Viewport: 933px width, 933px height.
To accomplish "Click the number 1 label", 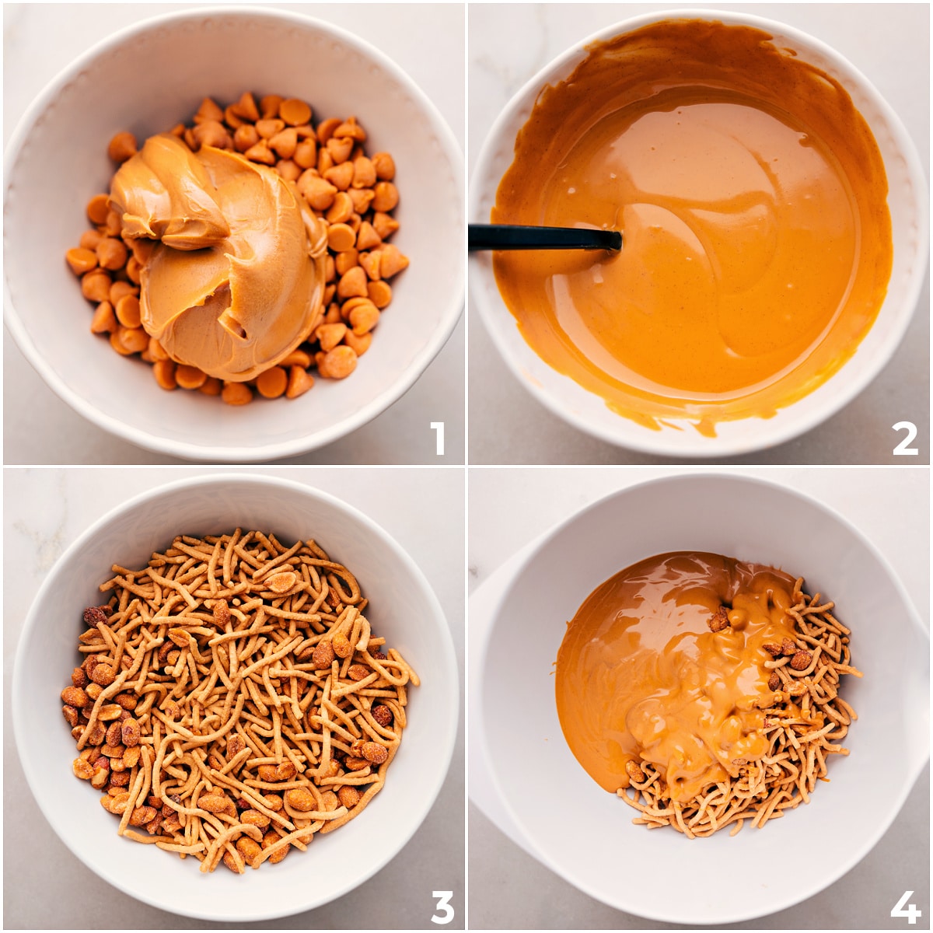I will coord(438,439).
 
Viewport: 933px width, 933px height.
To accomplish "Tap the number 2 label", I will coord(904,439).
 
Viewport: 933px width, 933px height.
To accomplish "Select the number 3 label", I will coord(442,906).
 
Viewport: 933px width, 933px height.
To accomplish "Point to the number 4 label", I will coord(905,907).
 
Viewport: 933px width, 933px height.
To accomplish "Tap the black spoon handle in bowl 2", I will coord(536,238).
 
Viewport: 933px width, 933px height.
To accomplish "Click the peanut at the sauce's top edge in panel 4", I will coord(719,619).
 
